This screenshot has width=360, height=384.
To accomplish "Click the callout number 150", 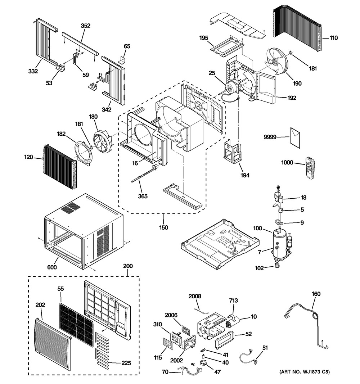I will pyautogui.click(x=163, y=227).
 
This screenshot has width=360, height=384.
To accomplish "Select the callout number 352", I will pyautogui.click(x=85, y=26).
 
